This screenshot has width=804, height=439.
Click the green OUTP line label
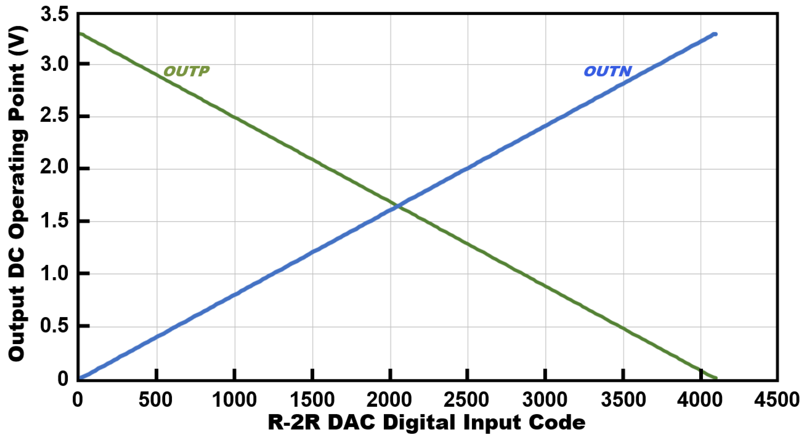[186, 72]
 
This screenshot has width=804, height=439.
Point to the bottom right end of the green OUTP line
[715, 378]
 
